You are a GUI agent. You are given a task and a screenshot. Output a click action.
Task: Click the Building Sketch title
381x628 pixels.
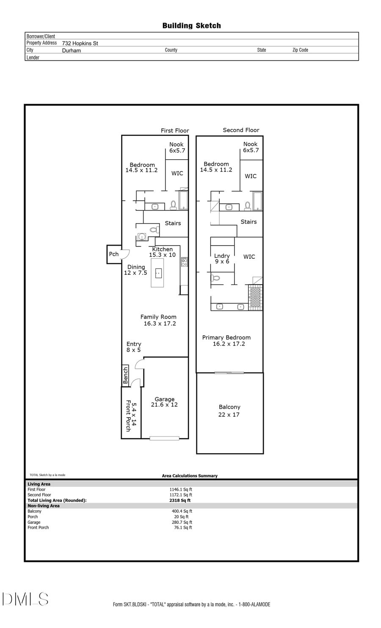point(191,26)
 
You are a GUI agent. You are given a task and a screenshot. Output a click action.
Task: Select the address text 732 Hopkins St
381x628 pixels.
point(80,43)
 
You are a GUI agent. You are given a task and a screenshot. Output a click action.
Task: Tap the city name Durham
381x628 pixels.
point(71,50)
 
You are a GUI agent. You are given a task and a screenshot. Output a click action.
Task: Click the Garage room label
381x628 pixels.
point(164,399)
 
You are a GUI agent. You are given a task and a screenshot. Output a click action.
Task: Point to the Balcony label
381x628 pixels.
point(229,407)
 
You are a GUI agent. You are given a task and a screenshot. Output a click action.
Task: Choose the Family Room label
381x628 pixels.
point(158,317)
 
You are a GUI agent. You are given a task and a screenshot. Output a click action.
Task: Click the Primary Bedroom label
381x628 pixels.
point(226,338)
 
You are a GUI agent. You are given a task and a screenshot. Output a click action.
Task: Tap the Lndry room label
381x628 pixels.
point(222,256)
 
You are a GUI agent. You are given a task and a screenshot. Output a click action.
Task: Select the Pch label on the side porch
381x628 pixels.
point(113,254)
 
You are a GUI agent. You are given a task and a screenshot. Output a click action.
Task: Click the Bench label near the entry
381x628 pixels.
point(125,376)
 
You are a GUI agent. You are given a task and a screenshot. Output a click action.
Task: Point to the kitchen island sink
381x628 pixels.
point(158,273)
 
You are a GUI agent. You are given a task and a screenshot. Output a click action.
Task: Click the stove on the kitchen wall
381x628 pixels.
point(184,262)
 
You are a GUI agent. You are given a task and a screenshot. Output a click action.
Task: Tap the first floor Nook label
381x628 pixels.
point(177,144)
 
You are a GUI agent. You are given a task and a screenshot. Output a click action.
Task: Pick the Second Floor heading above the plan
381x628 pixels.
point(241,130)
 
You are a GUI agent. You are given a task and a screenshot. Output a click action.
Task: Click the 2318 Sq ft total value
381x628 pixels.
point(180,500)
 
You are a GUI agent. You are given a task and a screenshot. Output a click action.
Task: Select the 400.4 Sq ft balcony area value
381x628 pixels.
point(182,511)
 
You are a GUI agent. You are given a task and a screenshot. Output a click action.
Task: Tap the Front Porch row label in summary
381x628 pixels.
point(38,528)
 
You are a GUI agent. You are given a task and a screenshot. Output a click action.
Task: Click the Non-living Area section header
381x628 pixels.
point(44,506)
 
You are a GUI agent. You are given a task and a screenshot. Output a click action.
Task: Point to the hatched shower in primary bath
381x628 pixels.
point(255,297)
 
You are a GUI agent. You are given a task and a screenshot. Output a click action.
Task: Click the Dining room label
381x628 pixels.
point(136,267)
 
